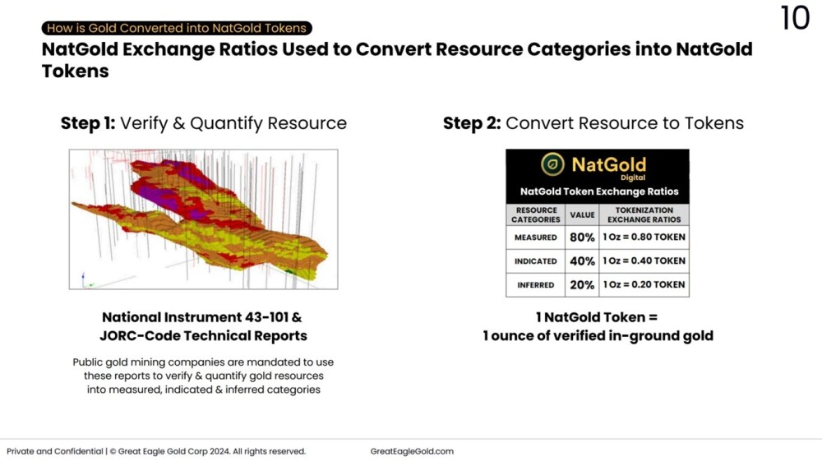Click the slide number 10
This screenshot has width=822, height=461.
[795, 18]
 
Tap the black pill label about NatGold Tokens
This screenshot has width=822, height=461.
[177, 28]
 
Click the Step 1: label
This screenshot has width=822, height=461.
[88, 123]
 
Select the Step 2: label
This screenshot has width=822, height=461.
[472, 123]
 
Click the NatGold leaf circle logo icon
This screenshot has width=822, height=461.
[552, 164]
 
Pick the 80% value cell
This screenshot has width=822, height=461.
[582, 237]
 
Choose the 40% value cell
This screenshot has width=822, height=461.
[582, 260]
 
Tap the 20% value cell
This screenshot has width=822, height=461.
[582, 284]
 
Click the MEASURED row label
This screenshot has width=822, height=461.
[536, 237]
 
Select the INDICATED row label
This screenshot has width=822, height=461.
[536, 260]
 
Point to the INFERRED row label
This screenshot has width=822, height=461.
[536, 285]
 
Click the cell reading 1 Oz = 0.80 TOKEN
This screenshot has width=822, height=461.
[644, 237]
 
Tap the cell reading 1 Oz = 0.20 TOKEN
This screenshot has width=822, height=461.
[644, 284]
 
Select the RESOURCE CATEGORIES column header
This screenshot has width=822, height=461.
[536, 214]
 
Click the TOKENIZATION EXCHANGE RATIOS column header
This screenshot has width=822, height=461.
[644, 214]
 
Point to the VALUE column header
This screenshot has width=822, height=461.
[582, 214]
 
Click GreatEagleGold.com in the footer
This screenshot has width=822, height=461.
[412, 451]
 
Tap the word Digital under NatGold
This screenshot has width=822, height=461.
[633, 177]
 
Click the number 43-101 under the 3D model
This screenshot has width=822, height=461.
[266, 317]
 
